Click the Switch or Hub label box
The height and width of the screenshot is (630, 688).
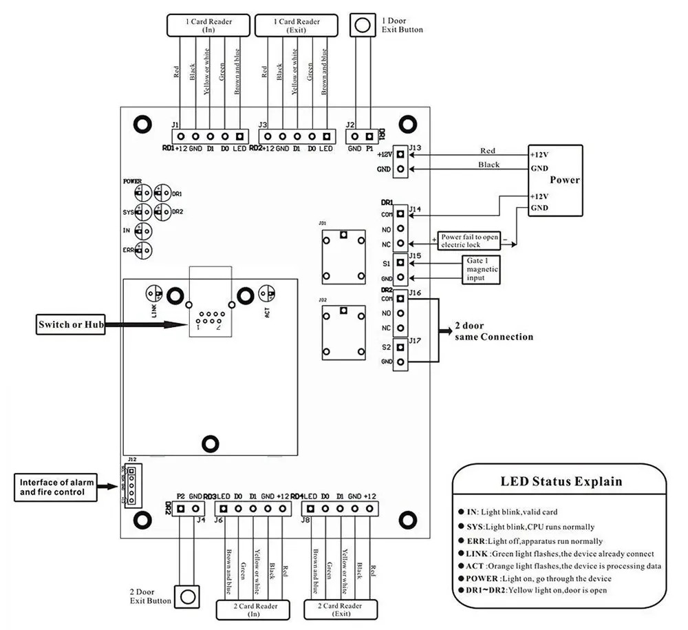tap(71, 324)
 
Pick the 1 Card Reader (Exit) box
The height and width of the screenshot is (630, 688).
tap(297, 26)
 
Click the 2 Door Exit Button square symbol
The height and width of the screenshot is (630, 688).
tap(186, 595)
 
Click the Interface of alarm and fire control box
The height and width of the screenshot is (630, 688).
tap(57, 487)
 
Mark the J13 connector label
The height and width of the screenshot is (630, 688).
tap(415, 147)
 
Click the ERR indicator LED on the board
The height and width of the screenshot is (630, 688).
tap(143, 251)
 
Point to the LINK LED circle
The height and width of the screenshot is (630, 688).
tap(155, 294)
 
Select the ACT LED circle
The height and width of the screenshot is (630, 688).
tap(268, 294)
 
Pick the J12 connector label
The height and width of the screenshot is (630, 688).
tap(132, 459)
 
